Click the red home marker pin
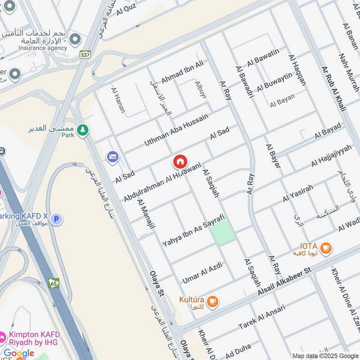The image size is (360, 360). tap(180, 162)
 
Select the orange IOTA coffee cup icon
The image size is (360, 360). tap(325, 247)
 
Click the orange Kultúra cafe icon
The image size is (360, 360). tap(212, 301)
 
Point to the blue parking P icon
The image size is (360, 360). tap(56, 220)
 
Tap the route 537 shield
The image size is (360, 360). tap(84, 54)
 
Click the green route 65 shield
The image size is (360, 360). tap(54, 283)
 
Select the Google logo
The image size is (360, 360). tap(19, 353)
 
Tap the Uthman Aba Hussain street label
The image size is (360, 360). tap(176, 130)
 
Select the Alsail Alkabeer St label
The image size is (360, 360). tap(284, 283)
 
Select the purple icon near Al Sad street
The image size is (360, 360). tap(112, 157)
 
